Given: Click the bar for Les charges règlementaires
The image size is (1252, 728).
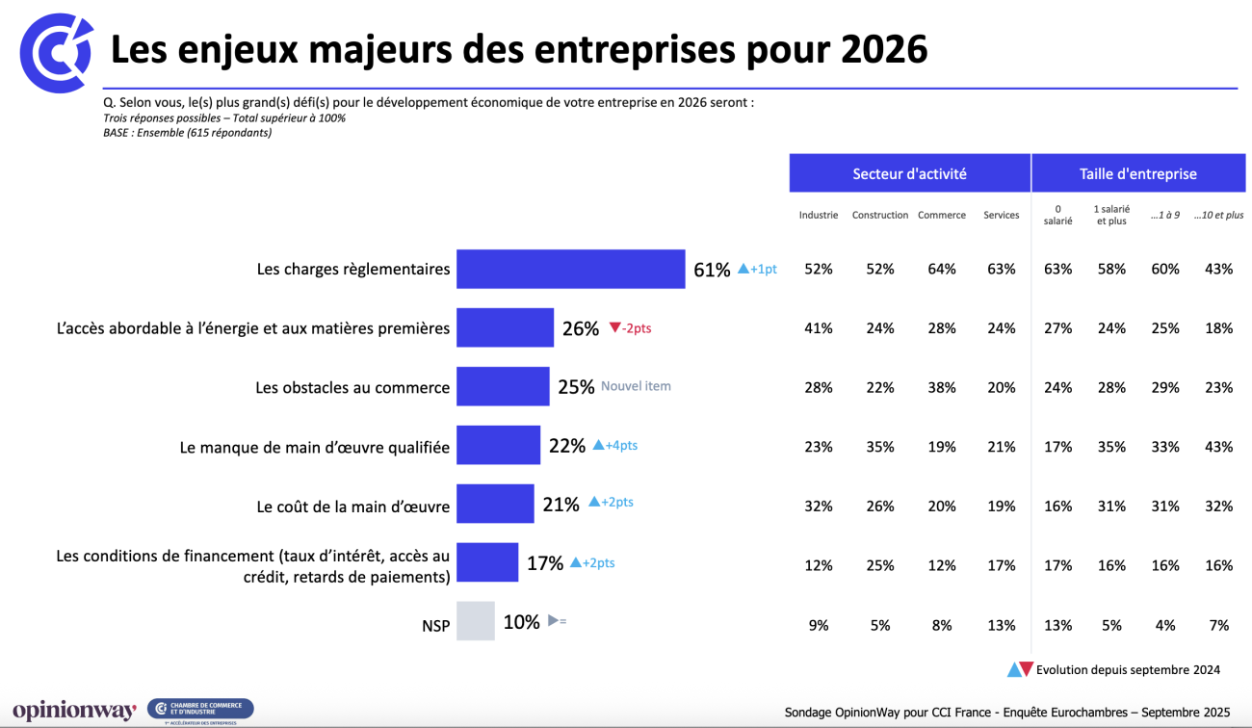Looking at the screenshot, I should pyautogui.click(x=570, y=269).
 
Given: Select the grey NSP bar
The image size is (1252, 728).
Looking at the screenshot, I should pyautogui.click(x=475, y=621).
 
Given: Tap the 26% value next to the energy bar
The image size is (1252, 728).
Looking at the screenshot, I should pyautogui.click(x=581, y=328).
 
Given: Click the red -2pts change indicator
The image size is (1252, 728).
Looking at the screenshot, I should pyautogui.click(x=630, y=328).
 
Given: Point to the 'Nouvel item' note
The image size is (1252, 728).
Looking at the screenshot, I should pyautogui.click(x=636, y=386).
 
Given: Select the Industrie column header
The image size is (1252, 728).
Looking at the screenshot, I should pyautogui.click(x=818, y=215).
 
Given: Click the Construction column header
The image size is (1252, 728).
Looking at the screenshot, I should pyautogui.click(x=879, y=215).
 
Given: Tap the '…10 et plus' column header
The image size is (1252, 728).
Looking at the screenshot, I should pyautogui.click(x=1218, y=215).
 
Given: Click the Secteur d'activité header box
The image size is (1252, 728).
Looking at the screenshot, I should pyautogui.click(x=909, y=173).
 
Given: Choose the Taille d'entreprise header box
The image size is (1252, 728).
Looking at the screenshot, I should pyautogui.click(x=1137, y=173).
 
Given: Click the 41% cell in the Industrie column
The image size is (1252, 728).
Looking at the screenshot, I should pyautogui.click(x=818, y=328).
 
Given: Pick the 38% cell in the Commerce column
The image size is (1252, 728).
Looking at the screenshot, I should pyautogui.click(x=941, y=387).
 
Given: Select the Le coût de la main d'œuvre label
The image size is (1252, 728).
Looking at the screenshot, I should pyautogui.click(x=352, y=506).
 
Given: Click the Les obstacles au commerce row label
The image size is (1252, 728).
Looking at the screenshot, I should pyautogui.click(x=352, y=387).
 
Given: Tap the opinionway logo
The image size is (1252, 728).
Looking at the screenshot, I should pyautogui.click(x=74, y=711).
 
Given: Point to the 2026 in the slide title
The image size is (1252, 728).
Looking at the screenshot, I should pyautogui.click(x=883, y=49).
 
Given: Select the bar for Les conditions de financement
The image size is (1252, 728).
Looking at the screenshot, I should pyautogui.click(x=486, y=562).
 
